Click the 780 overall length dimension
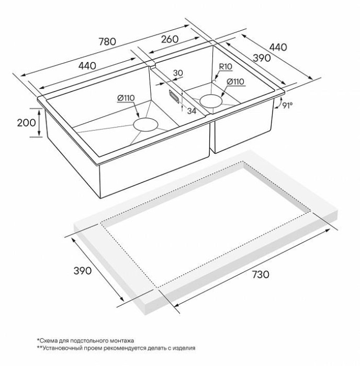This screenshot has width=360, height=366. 107,41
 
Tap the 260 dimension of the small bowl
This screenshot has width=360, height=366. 170,39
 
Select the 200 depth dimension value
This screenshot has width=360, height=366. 26,122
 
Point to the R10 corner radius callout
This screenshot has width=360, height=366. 226,67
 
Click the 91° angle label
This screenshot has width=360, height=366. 287,105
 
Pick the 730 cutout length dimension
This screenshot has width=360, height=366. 261,274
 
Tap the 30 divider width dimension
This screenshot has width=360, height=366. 178,73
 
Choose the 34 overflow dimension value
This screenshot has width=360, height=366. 192,111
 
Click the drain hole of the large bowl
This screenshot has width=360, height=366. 145,124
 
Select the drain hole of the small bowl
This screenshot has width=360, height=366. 211,101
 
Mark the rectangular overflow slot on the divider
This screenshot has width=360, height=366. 174,96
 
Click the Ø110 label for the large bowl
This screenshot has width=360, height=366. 126,98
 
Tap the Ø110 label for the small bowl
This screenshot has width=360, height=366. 235,82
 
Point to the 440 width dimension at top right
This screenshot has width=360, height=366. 278,48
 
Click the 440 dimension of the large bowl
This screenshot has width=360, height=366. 87,66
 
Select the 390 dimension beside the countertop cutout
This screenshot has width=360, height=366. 83,271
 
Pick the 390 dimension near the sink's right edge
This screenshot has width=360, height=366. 262,58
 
